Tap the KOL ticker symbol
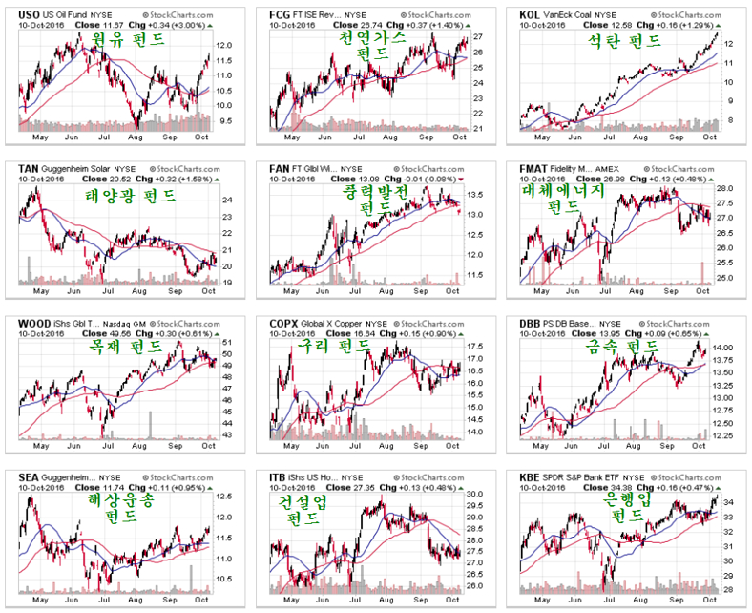pos(532,15)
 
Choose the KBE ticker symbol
pos(532,475)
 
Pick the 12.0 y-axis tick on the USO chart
pos(225,46)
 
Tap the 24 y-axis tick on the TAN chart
pos(226,201)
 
